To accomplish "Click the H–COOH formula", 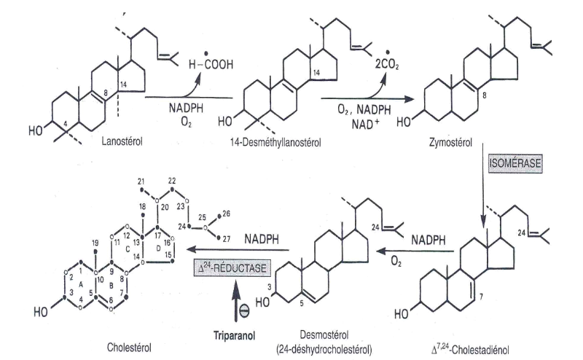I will click(x=212, y=64).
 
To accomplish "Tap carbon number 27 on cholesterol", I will click(x=225, y=238).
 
